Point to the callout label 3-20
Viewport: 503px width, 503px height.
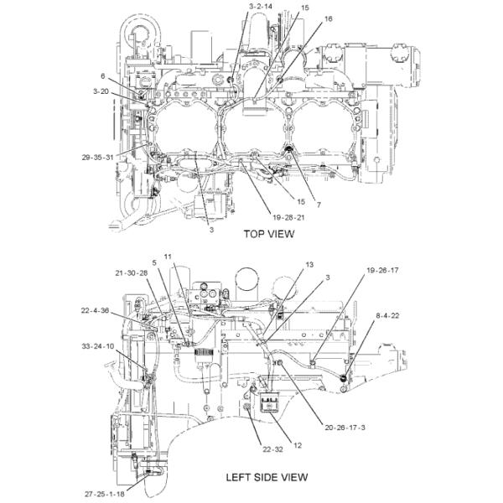pyautogui.click(x=101, y=91)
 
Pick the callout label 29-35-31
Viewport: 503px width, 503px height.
pyautogui.click(x=98, y=157)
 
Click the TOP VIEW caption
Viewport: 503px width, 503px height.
pyautogui.click(x=268, y=234)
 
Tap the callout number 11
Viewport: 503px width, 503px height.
pyautogui.click(x=168, y=256)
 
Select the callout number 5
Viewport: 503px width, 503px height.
pyautogui.click(x=154, y=262)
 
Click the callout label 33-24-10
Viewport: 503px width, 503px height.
pyautogui.click(x=97, y=345)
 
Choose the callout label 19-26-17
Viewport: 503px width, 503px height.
pyautogui.click(x=382, y=271)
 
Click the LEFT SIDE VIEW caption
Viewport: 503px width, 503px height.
pyautogui.click(x=267, y=478)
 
